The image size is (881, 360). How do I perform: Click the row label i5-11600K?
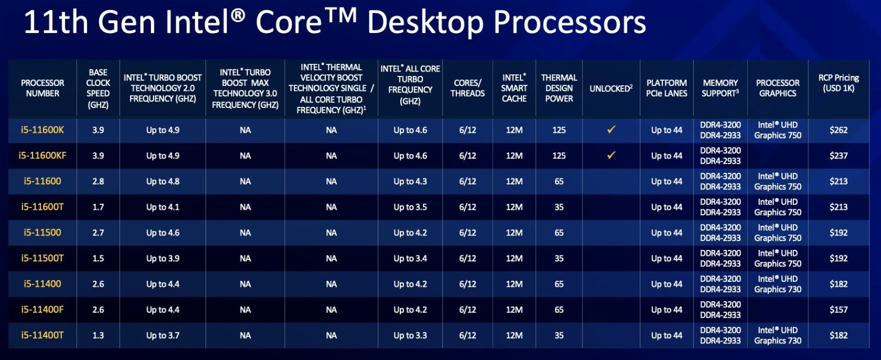(42, 130)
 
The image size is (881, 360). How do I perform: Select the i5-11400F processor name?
(42, 310)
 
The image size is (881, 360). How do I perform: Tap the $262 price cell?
(839, 130)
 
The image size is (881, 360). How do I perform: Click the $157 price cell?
(839, 310)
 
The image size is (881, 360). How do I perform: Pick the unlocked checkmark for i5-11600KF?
(611, 155)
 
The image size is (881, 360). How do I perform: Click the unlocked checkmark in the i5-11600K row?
(611, 129)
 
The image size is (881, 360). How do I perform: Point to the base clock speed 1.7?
(98, 207)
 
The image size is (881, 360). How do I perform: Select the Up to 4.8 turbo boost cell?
(163, 182)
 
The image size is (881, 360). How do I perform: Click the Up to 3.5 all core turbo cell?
(410, 207)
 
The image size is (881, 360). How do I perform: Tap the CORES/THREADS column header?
(467, 88)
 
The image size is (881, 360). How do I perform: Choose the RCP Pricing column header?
(839, 83)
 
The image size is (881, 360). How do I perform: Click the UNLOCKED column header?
(611, 89)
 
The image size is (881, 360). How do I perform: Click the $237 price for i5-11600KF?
(839, 156)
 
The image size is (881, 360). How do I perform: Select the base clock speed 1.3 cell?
(98, 335)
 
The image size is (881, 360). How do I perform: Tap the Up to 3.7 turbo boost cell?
(163, 336)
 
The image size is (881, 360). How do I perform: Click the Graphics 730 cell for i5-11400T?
(777, 336)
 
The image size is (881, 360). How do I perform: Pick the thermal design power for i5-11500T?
(559, 259)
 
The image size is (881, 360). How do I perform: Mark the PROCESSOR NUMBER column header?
(42, 88)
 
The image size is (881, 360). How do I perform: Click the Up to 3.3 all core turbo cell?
(410, 336)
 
